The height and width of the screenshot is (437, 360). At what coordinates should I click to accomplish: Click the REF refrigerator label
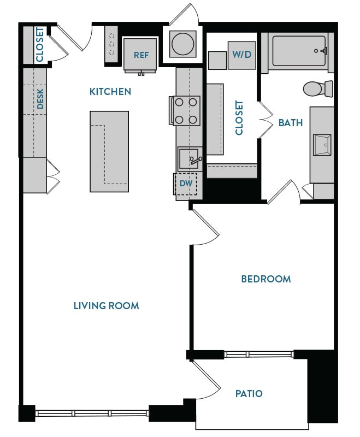point(141,55)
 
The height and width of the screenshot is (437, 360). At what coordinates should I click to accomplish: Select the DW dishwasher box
point(186,184)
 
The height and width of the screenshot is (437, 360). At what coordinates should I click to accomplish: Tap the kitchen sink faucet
point(195,160)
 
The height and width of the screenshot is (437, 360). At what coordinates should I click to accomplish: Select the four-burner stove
point(186,110)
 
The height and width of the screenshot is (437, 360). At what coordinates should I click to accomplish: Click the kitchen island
point(110,151)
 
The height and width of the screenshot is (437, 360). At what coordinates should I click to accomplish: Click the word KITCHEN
point(110,92)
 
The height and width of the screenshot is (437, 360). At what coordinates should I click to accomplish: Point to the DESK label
point(40,99)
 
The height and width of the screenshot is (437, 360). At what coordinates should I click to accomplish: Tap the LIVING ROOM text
point(106,306)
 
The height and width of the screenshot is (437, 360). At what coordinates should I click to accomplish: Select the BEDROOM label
point(266,279)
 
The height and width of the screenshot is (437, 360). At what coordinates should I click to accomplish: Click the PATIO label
point(249,393)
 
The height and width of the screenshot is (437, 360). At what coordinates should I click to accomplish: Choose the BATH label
point(290,123)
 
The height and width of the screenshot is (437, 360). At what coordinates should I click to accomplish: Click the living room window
point(92,414)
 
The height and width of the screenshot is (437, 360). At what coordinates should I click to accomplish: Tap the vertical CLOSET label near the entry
point(40,44)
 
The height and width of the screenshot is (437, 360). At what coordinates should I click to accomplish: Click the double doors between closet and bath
point(264,120)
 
